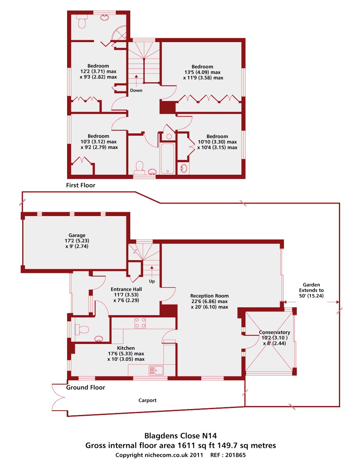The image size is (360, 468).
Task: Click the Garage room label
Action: click(x=77, y=235)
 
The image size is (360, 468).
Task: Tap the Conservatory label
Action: click(x=275, y=332)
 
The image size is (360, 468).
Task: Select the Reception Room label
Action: click(x=209, y=296)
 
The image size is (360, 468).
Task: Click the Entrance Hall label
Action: click(x=126, y=289)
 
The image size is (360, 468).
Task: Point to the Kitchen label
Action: click(x=126, y=348)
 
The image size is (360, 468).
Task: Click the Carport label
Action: click(x=147, y=401)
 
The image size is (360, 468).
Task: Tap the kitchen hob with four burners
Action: click(x=140, y=323)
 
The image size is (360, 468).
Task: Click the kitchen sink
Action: click(x=156, y=370)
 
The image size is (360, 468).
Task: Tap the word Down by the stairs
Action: click(x=136, y=90)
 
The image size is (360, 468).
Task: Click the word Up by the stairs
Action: click(x=152, y=281)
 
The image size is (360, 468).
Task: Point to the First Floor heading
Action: click(x=81, y=185)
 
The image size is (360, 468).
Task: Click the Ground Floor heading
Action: click(x=85, y=388)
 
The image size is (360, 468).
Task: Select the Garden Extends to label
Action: click(x=311, y=290)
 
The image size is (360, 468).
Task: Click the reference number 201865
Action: click(x=236, y=455)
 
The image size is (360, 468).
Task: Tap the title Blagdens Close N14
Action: click(x=181, y=436)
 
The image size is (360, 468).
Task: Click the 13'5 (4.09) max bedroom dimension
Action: click(x=202, y=72)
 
